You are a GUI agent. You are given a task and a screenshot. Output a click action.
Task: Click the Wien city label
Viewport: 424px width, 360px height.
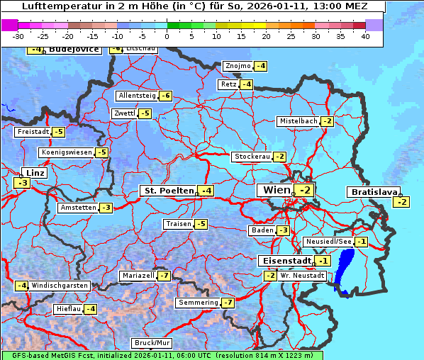pyautogui.click(x=276, y=190)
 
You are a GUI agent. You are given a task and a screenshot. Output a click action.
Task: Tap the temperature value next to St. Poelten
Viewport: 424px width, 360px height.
pyautogui.click(x=206, y=191)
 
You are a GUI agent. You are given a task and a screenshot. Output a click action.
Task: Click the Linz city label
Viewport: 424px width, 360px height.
pyautogui.click(x=34, y=173)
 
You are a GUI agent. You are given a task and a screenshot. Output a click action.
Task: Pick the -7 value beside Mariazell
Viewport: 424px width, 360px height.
pyautogui.click(x=164, y=275)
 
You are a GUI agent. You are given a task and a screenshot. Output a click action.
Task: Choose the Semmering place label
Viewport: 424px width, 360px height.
pyautogui.click(x=198, y=303)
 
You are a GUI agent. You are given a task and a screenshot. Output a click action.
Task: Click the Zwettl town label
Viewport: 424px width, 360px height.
pyautogui.click(x=124, y=113)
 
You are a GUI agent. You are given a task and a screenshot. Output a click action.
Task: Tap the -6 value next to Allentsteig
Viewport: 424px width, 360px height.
pyautogui.click(x=165, y=96)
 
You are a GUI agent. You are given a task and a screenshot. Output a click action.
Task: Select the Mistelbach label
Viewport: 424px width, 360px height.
pyautogui.click(x=298, y=121)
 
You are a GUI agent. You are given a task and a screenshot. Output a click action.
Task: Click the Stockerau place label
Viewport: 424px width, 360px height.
pyautogui.click(x=252, y=157)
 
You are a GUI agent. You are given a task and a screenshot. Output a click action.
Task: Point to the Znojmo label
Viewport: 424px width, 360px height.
pyautogui.click(x=238, y=66)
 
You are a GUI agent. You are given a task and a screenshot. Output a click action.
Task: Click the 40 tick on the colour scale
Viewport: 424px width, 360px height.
pyautogui.click(x=365, y=35)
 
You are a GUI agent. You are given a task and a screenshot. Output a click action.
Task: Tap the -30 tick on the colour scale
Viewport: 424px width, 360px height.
pyautogui.click(x=18, y=35)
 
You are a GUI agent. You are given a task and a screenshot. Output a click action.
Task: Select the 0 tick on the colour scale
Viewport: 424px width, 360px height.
pyautogui.click(x=167, y=35)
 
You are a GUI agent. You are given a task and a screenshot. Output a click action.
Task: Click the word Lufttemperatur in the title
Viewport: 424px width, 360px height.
pyautogui.click(x=54, y=6)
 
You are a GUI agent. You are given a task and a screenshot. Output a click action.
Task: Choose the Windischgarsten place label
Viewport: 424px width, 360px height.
pyautogui.click(x=60, y=286)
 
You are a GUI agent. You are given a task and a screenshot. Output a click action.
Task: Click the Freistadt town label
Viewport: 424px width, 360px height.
pyautogui.click(x=33, y=132)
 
